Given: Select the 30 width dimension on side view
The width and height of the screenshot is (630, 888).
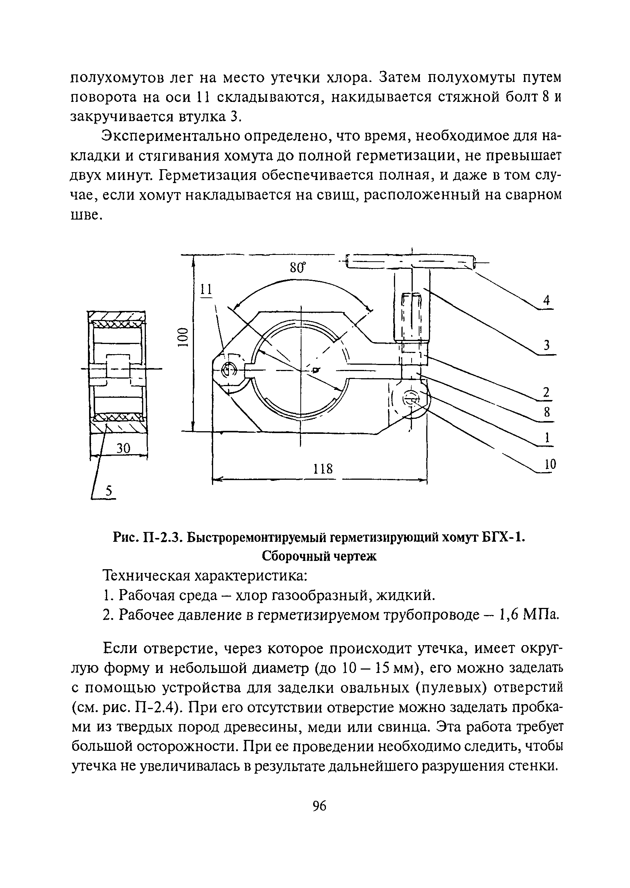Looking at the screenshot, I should [123, 449].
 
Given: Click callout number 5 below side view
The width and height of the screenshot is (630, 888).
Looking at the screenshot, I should [109, 491].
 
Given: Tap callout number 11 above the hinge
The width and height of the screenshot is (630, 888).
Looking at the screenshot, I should [206, 289].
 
